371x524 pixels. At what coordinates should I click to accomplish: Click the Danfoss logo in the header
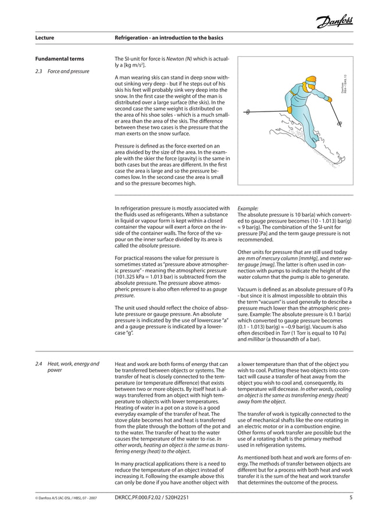(x=336, y=22)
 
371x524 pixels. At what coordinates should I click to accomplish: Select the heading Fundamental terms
(x=59, y=59)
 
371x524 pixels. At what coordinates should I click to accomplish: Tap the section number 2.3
(x=40, y=71)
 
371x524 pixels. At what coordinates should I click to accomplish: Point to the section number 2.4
(x=40, y=364)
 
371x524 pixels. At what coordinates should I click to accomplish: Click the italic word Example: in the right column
(x=248, y=207)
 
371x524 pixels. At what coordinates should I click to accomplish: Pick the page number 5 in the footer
(x=351, y=497)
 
